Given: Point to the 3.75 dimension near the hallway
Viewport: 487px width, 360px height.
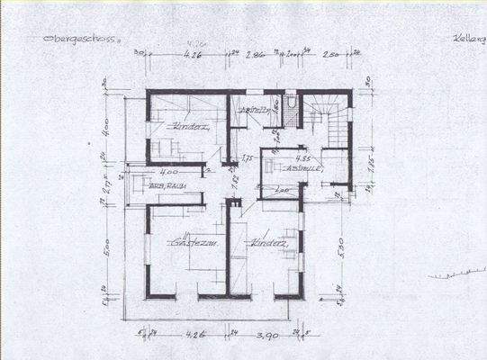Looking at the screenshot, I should pos(248,158).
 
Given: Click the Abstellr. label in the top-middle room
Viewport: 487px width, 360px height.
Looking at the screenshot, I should pos(249,110).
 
